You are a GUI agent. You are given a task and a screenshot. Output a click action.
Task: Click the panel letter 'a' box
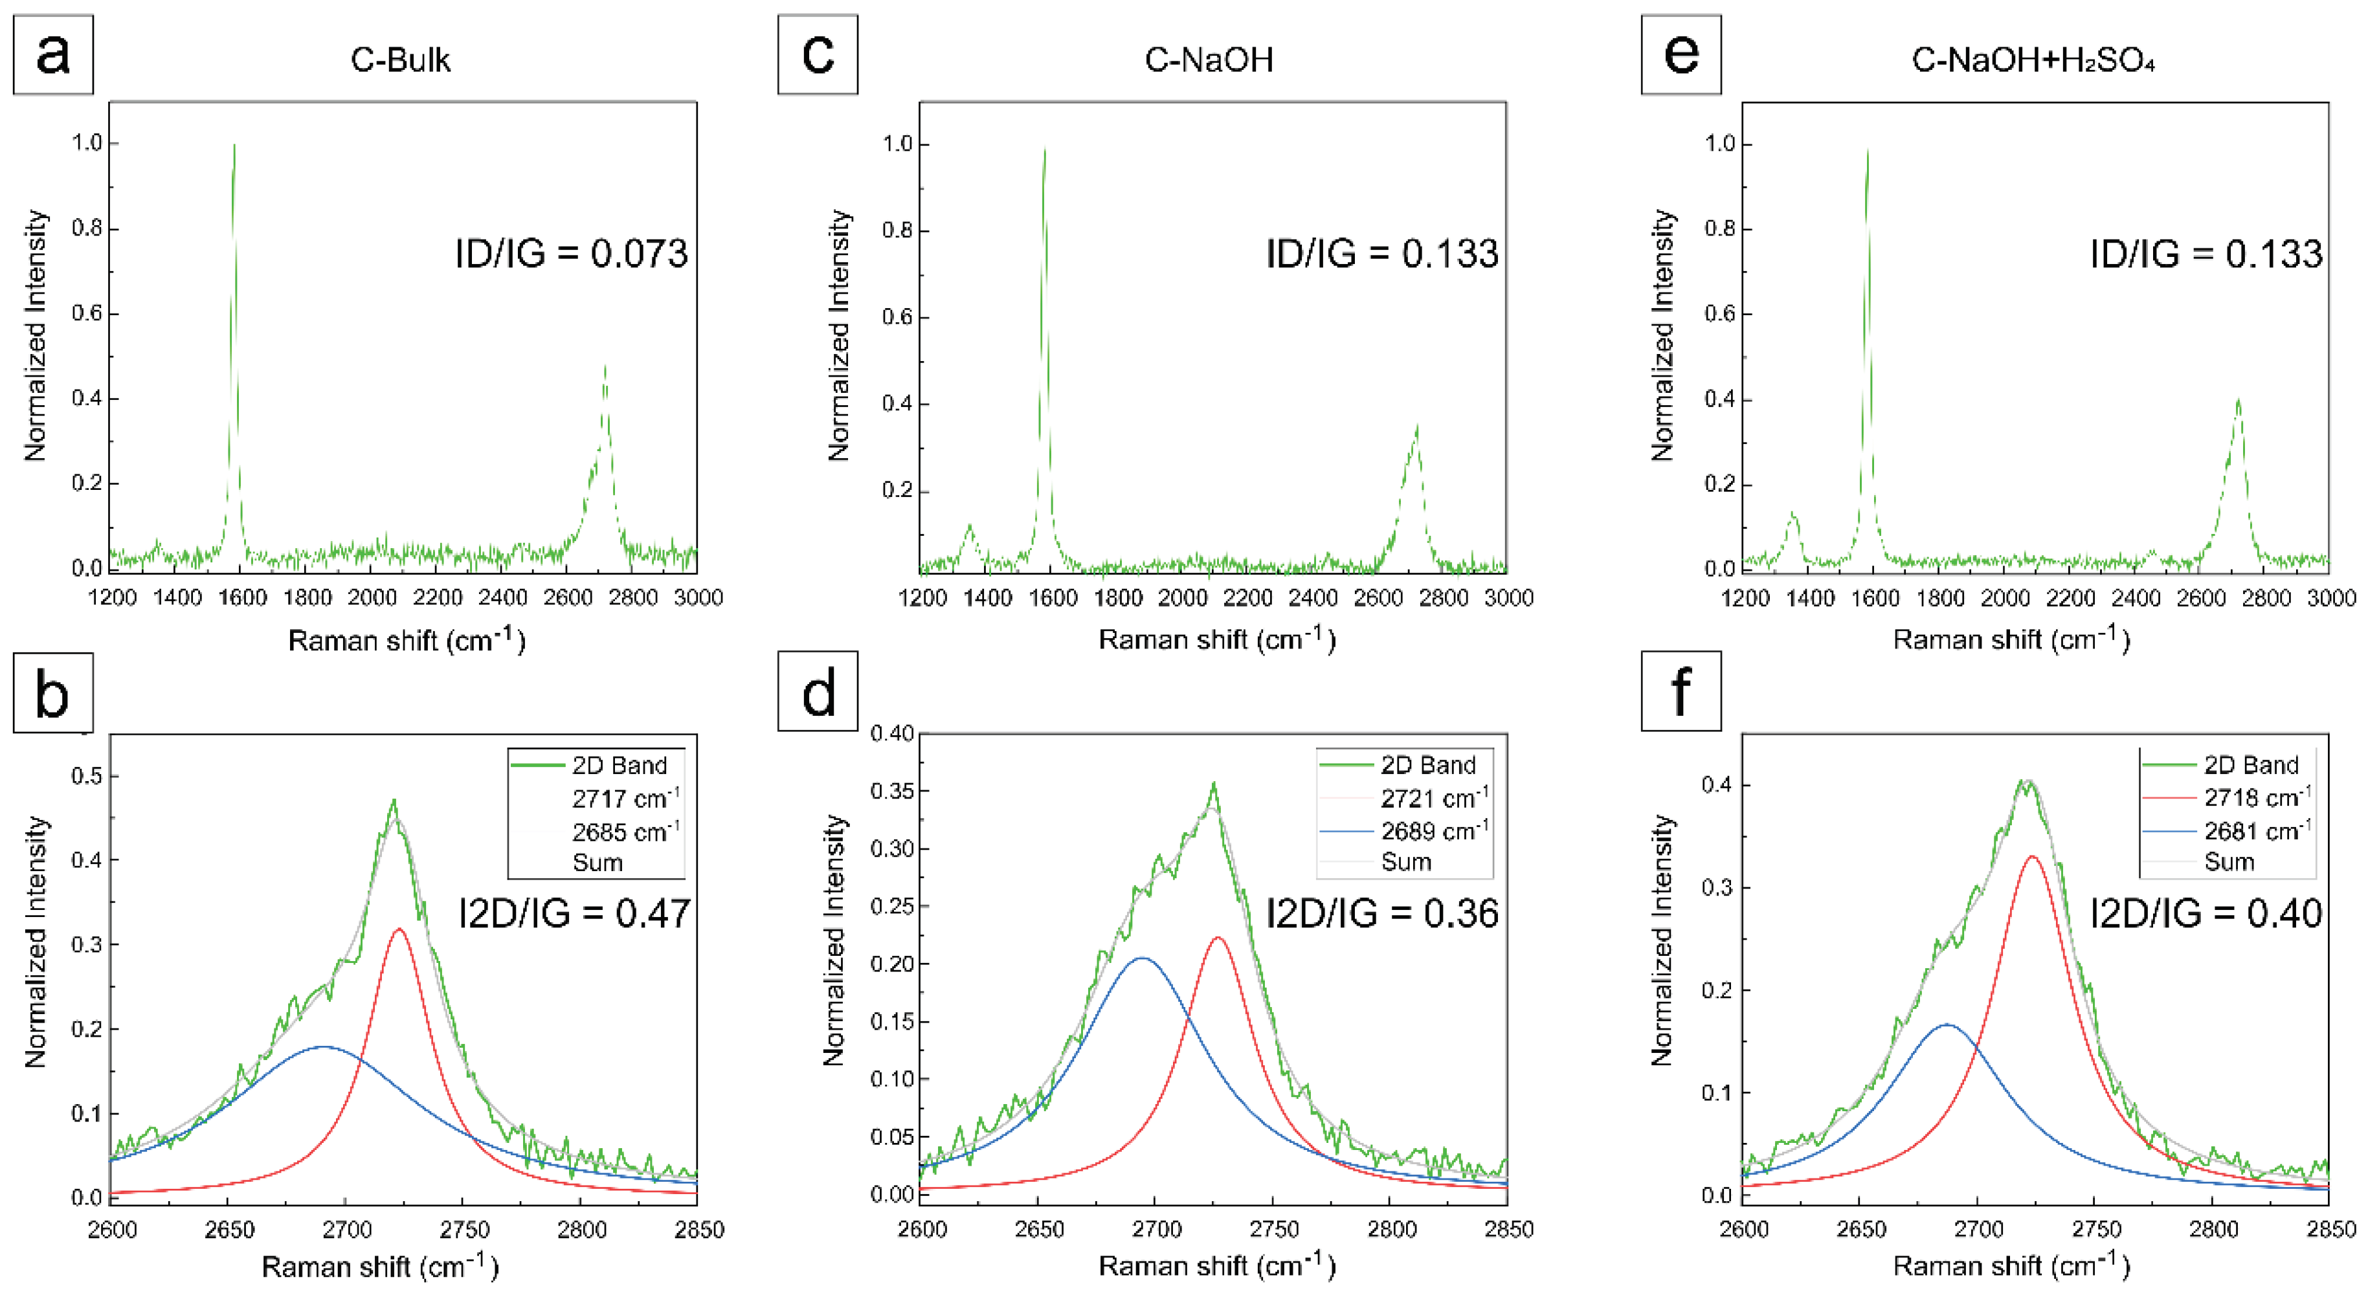(52, 54)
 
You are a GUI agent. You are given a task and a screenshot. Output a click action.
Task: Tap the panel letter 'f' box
(1681, 691)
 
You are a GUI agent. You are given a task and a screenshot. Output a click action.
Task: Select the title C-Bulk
(400, 60)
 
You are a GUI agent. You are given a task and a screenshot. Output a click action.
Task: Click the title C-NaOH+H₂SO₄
(2033, 60)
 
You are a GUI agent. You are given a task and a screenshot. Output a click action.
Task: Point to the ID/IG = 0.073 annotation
(571, 254)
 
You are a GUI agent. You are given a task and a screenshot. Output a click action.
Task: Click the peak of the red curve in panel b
(398, 929)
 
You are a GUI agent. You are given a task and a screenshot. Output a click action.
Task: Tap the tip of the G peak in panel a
(234, 145)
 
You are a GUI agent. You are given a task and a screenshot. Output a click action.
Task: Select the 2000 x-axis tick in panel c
(1182, 599)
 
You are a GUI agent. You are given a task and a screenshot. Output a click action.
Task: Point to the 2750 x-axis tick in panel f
(2097, 1230)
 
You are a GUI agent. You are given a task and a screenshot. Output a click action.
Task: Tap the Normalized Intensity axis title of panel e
(1661, 335)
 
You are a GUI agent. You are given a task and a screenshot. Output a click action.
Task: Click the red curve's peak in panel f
(2031, 857)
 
